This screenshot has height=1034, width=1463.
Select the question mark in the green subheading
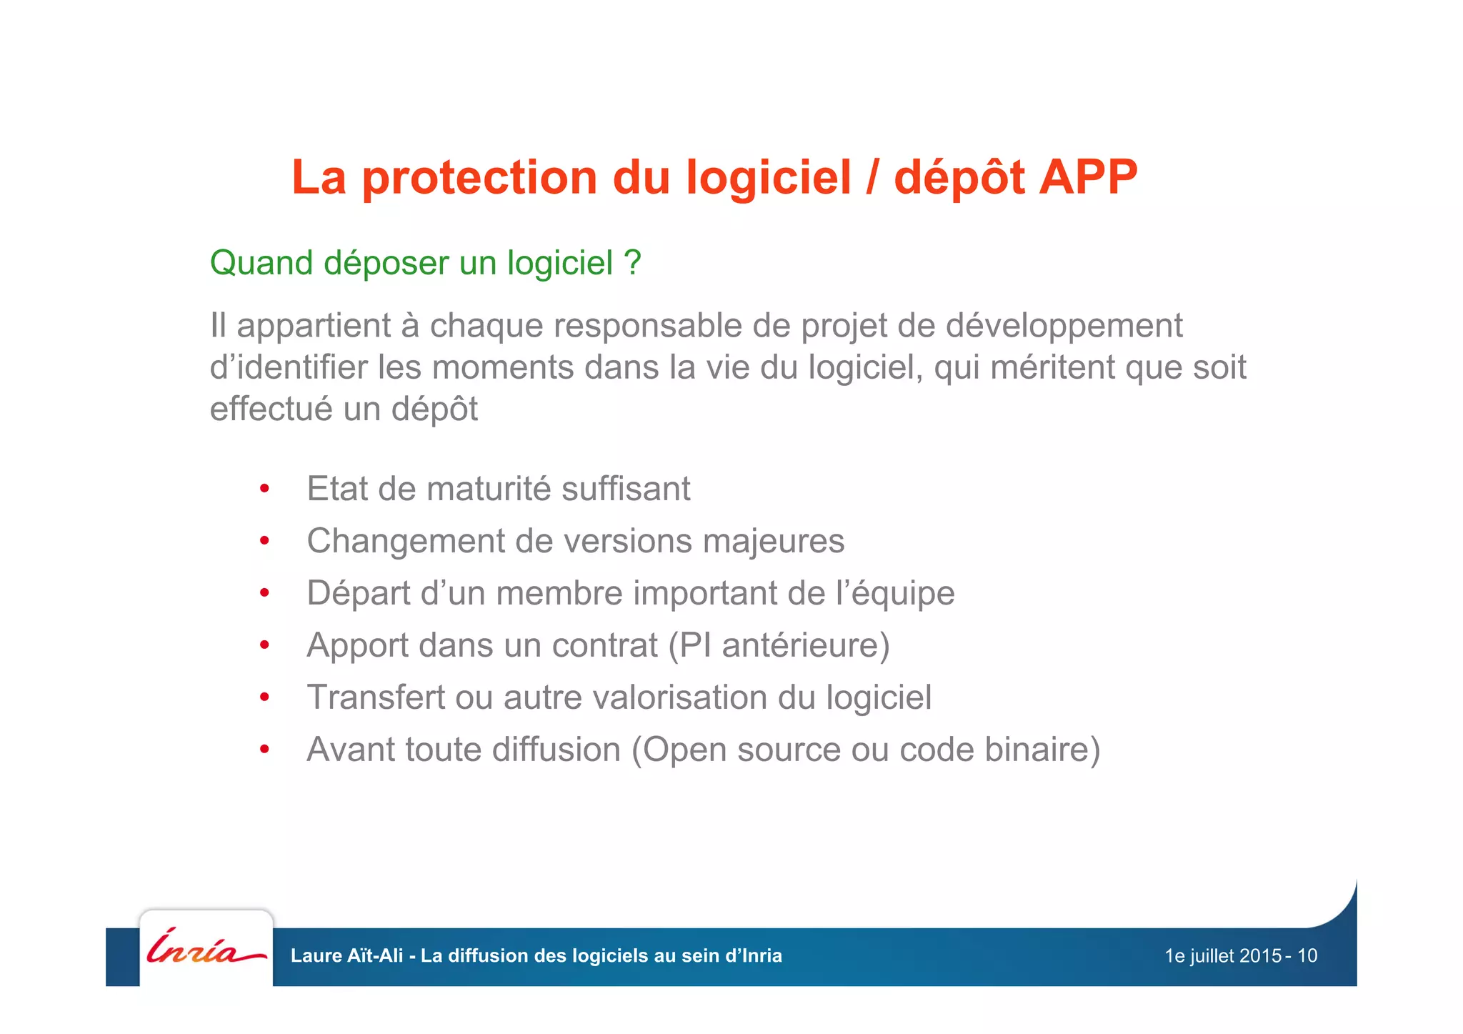(x=632, y=263)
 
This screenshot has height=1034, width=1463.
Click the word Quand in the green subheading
(x=261, y=263)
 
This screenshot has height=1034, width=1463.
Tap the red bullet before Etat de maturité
(x=264, y=489)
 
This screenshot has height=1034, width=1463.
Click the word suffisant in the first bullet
(x=626, y=489)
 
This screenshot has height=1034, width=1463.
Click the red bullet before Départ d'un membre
(x=264, y=593)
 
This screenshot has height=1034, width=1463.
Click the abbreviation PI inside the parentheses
(x=695, y=646)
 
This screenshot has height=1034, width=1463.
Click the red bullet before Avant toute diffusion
(x=264, y=750)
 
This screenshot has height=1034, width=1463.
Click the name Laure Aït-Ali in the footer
(x=346, y=956)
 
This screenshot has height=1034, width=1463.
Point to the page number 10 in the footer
(x=1307, y=956)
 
